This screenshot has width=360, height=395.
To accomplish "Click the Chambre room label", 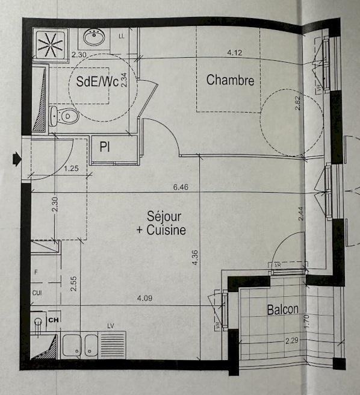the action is click(x=230, y=80).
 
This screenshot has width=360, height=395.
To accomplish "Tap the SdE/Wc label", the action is click(x=98, y=81).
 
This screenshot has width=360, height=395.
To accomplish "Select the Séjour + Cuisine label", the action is click(x=161, y=223).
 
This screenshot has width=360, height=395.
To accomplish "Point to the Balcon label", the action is click(x=283, y=309).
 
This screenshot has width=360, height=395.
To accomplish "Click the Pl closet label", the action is click(x=105, y=147).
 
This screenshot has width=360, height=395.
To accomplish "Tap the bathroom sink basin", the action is click(x=94, y=37).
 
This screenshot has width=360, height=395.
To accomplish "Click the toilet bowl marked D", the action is click(x=67, y=116).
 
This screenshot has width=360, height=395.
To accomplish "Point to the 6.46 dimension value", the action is click(x=181, y=187).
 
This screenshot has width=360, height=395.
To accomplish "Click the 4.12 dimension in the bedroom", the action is click(x=235, y=52).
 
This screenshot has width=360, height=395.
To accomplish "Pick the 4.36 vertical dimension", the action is click(x=194, y=257).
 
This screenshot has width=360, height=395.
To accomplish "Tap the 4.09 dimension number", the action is click(x=144, y=298).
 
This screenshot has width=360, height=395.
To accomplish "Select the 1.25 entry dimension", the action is click(x=71, y=168).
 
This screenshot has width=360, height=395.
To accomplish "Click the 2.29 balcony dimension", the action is click(x=292, y=341).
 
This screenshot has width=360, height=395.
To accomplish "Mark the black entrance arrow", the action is click(x=17, y=159).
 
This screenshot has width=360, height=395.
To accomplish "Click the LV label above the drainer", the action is click(x=111, y=326).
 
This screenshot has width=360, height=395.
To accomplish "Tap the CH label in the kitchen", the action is click(x=54, y=320).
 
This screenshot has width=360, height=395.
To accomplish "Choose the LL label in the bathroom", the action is click(x=122, y=36).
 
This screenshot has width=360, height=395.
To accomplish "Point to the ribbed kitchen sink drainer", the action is click(x=113, y=344).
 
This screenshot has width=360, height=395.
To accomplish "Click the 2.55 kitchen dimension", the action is click(x=73, y=284).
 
